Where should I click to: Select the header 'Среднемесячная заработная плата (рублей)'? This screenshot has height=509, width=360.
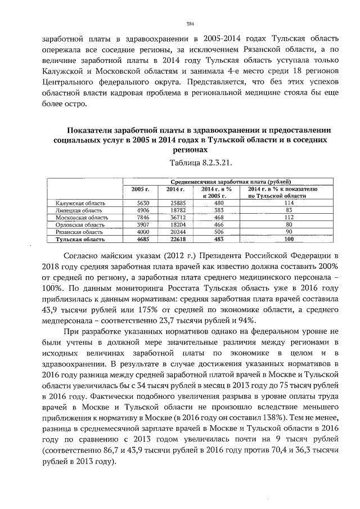[231, 182]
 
